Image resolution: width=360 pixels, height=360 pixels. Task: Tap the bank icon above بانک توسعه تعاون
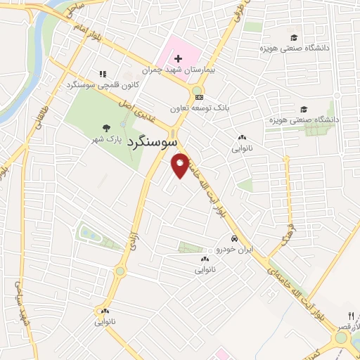pos(200,97)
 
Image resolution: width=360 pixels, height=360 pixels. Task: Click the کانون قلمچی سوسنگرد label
pos(103,84)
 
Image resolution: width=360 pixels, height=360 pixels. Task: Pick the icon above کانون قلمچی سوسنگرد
pos(103,73)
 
